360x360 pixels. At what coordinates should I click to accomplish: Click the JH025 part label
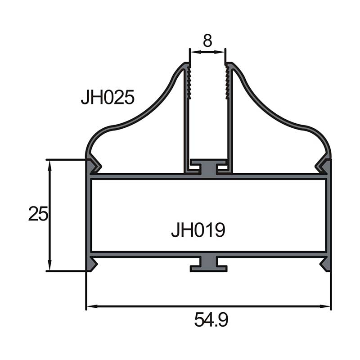tap(108, 97)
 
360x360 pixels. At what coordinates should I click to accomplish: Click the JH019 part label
tap(198, 229)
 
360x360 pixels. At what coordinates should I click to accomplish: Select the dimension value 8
tap(207, 40)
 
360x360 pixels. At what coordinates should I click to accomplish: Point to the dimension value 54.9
tap(211, 319)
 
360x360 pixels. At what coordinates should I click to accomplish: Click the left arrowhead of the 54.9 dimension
tap(92, 306)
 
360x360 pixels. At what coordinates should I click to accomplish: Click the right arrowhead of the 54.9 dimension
tap(325, 306)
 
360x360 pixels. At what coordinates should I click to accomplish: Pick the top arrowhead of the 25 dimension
tap(49, 165)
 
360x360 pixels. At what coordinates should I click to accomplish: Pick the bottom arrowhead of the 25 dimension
tap(49, 265)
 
